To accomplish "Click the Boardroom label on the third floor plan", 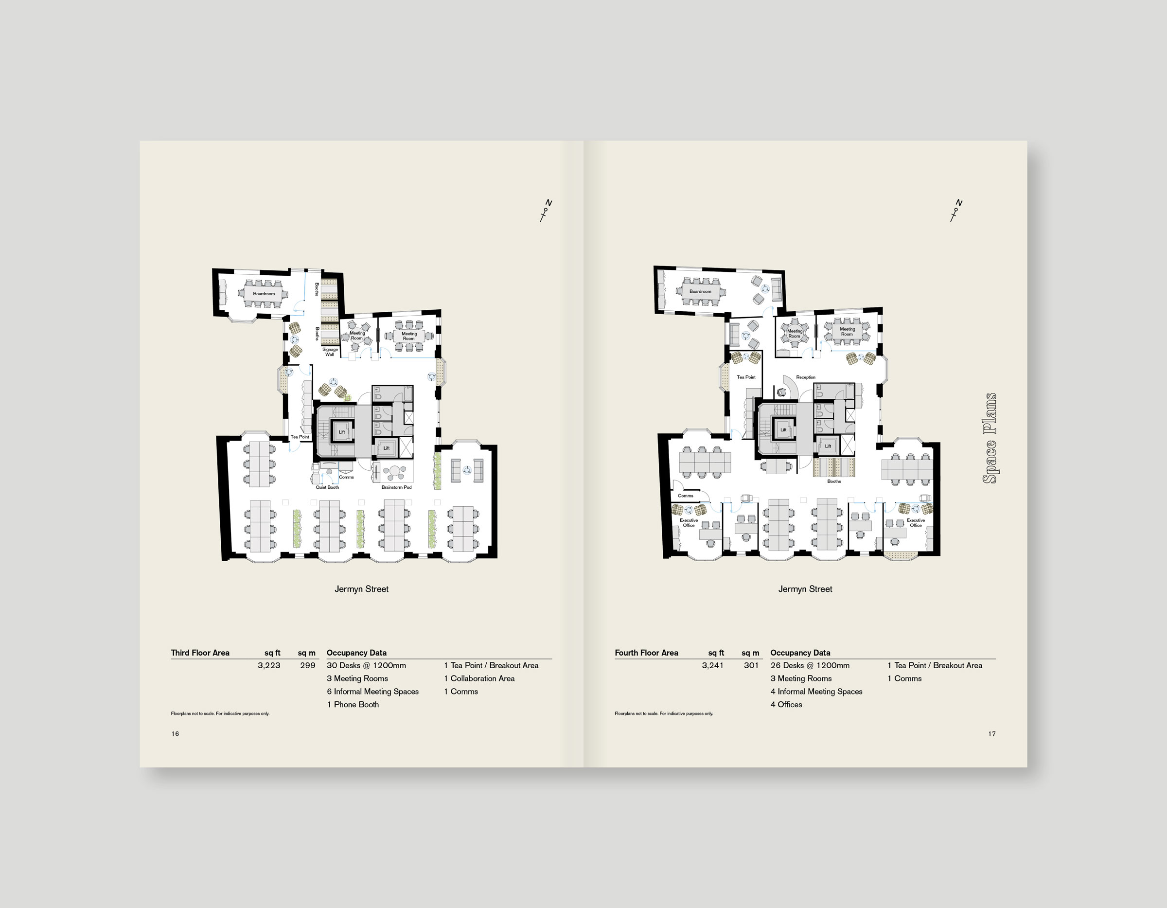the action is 264,293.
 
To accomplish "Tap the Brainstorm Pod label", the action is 396,487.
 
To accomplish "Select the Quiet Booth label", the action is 327,487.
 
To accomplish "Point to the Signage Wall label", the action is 330,352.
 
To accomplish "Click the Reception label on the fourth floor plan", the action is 806,377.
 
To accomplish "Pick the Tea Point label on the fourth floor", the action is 746,377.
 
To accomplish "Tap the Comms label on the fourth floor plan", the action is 686,496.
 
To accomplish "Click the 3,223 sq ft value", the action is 269,665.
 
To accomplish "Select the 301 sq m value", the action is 751,665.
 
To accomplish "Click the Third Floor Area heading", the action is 200,653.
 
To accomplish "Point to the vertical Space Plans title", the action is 990,438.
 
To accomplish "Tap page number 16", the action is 175,734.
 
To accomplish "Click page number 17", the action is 992,734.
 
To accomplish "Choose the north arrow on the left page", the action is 546,211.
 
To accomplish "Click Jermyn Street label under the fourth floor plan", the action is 805,589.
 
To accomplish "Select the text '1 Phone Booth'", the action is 353,704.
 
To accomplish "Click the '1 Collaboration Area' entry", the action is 479,678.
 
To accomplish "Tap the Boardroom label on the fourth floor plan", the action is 700,291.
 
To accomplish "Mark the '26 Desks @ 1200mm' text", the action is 810,665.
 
